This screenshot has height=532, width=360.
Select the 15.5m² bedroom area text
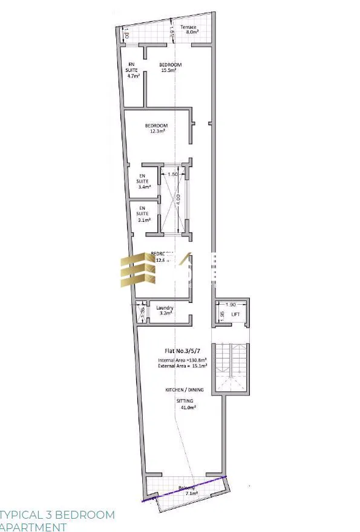point(169,71)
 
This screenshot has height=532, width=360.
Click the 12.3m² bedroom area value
point(157,131)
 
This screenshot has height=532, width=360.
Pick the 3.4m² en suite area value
point(143,187)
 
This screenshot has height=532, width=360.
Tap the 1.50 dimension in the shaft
point(172,175)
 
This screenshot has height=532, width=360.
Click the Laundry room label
point(165,308)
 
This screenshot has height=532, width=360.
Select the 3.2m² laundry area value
point(166,314)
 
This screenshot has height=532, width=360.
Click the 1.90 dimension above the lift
point(231,305)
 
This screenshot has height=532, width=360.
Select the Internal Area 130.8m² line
point(182,360)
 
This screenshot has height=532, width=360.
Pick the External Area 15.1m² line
point(182,366)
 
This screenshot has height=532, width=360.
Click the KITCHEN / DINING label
point(182,391)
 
